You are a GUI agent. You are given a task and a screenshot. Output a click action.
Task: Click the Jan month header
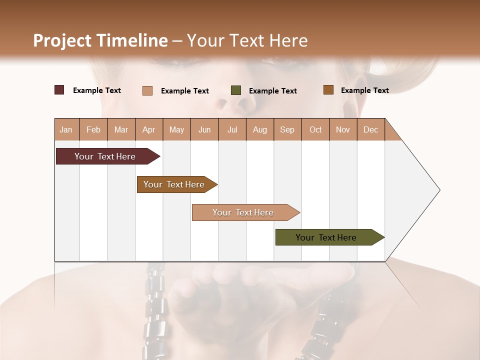(x=66, y=129)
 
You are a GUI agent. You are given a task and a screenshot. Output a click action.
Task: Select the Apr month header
(x=149, y=129)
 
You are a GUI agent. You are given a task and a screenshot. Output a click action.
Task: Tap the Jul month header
(x=232, y=129)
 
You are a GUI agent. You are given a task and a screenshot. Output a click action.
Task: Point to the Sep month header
(x=287, y=129)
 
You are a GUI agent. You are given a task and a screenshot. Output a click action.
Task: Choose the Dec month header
(x=370, y=129)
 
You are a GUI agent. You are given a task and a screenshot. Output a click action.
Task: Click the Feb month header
(x=93, y=129)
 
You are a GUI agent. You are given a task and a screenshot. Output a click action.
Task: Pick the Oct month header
(x=315, y=129)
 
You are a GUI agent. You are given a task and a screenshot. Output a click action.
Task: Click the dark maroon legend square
(x=59, y=90)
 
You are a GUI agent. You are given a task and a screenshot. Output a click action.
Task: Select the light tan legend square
(x=147, y=90)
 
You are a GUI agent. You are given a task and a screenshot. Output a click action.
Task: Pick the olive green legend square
(x=236, y=90)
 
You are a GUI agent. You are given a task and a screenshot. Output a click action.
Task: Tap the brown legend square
(x=328, y=89)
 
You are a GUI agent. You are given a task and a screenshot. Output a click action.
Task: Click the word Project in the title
(x=62, y=40)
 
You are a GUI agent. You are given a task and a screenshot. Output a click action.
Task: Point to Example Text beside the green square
(x=272, y=90)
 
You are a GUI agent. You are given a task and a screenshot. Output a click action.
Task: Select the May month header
(x=176, y=129)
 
